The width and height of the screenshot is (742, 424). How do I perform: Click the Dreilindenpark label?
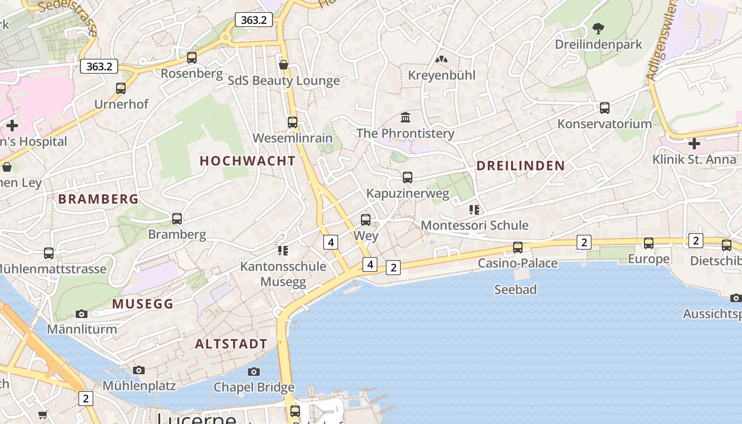coord(598,45)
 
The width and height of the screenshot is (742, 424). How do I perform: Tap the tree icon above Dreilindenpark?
coord(598,28)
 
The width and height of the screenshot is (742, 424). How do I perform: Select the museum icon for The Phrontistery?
coord(405,117)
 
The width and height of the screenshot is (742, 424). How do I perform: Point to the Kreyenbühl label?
coord(441,75)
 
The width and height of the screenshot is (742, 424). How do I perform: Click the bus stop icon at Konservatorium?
coord(605,108)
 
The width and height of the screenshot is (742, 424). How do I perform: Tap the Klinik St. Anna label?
coord(694,160)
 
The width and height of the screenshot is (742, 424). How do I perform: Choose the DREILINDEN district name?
coord(520,166)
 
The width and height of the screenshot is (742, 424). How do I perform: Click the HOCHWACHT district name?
coord(248,161)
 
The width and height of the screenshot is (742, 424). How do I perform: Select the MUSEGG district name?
coord(143,304)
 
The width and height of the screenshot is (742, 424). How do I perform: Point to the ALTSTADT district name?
coord(231,344)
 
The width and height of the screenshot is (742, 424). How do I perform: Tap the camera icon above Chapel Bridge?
coord(254,372)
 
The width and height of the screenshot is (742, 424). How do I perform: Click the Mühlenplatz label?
coord(139,385)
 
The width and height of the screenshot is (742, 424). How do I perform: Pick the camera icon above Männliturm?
coord(82,314)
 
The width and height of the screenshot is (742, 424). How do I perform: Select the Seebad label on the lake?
coord(515,289)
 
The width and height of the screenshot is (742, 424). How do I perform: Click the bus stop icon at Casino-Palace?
coord(518,247)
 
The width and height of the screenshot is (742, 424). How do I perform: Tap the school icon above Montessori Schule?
coord(474,210)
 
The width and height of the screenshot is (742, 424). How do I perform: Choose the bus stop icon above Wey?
coord(365,219)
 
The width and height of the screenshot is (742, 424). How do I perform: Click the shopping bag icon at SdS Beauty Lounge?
coord(284,65)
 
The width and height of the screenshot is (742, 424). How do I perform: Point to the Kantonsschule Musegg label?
coord(283,273)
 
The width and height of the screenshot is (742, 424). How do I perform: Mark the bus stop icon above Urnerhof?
coord(121,89)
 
